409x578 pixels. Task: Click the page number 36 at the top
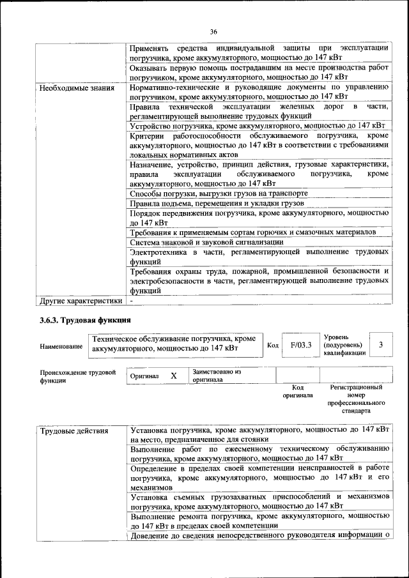tap(213, 31)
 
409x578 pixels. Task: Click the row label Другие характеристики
tap(81, 300)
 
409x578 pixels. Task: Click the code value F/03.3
tap(300, 345)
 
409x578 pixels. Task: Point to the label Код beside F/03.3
tap(273, 346)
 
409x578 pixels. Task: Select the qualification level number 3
tap(381, 345)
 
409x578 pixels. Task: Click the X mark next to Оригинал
tap(173, 376)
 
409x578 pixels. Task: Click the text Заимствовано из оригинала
tap(216, 375)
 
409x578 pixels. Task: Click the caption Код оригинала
tap(297, 391)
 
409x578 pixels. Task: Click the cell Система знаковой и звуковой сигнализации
tap(206, 242)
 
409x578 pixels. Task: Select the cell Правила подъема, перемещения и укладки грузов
tap(217, 203)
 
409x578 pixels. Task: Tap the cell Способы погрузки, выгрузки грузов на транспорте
tap(219, 193)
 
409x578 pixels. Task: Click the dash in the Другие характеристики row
tap(131, 300)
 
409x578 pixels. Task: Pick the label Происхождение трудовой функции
tap(77, 376)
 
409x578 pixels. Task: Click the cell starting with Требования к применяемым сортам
tap(253, 232)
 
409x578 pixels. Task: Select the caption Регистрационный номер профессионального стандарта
tap(356, 399)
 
